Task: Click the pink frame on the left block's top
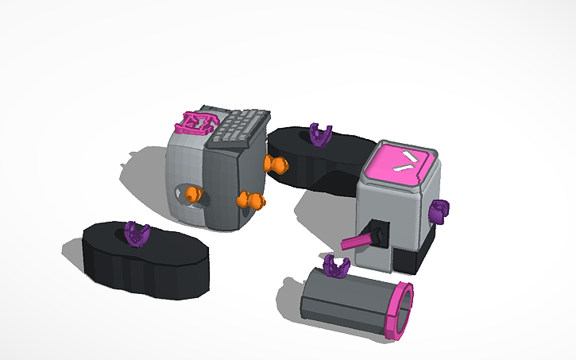[x=195, y=122]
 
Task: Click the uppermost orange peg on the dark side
[x=277, y=165]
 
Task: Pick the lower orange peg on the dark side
[x=252, y=200]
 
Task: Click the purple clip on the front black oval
[x=137, y=234]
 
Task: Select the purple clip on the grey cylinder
[x=337, y=267]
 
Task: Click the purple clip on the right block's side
[x=439, y=211]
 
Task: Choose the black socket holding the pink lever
[x=378, y=234]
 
